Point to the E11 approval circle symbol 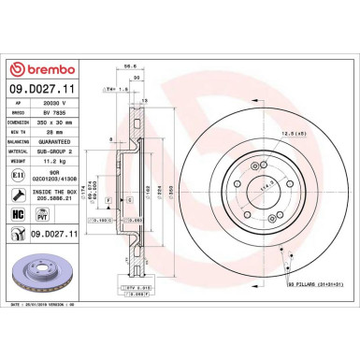(x=20, y=175)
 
